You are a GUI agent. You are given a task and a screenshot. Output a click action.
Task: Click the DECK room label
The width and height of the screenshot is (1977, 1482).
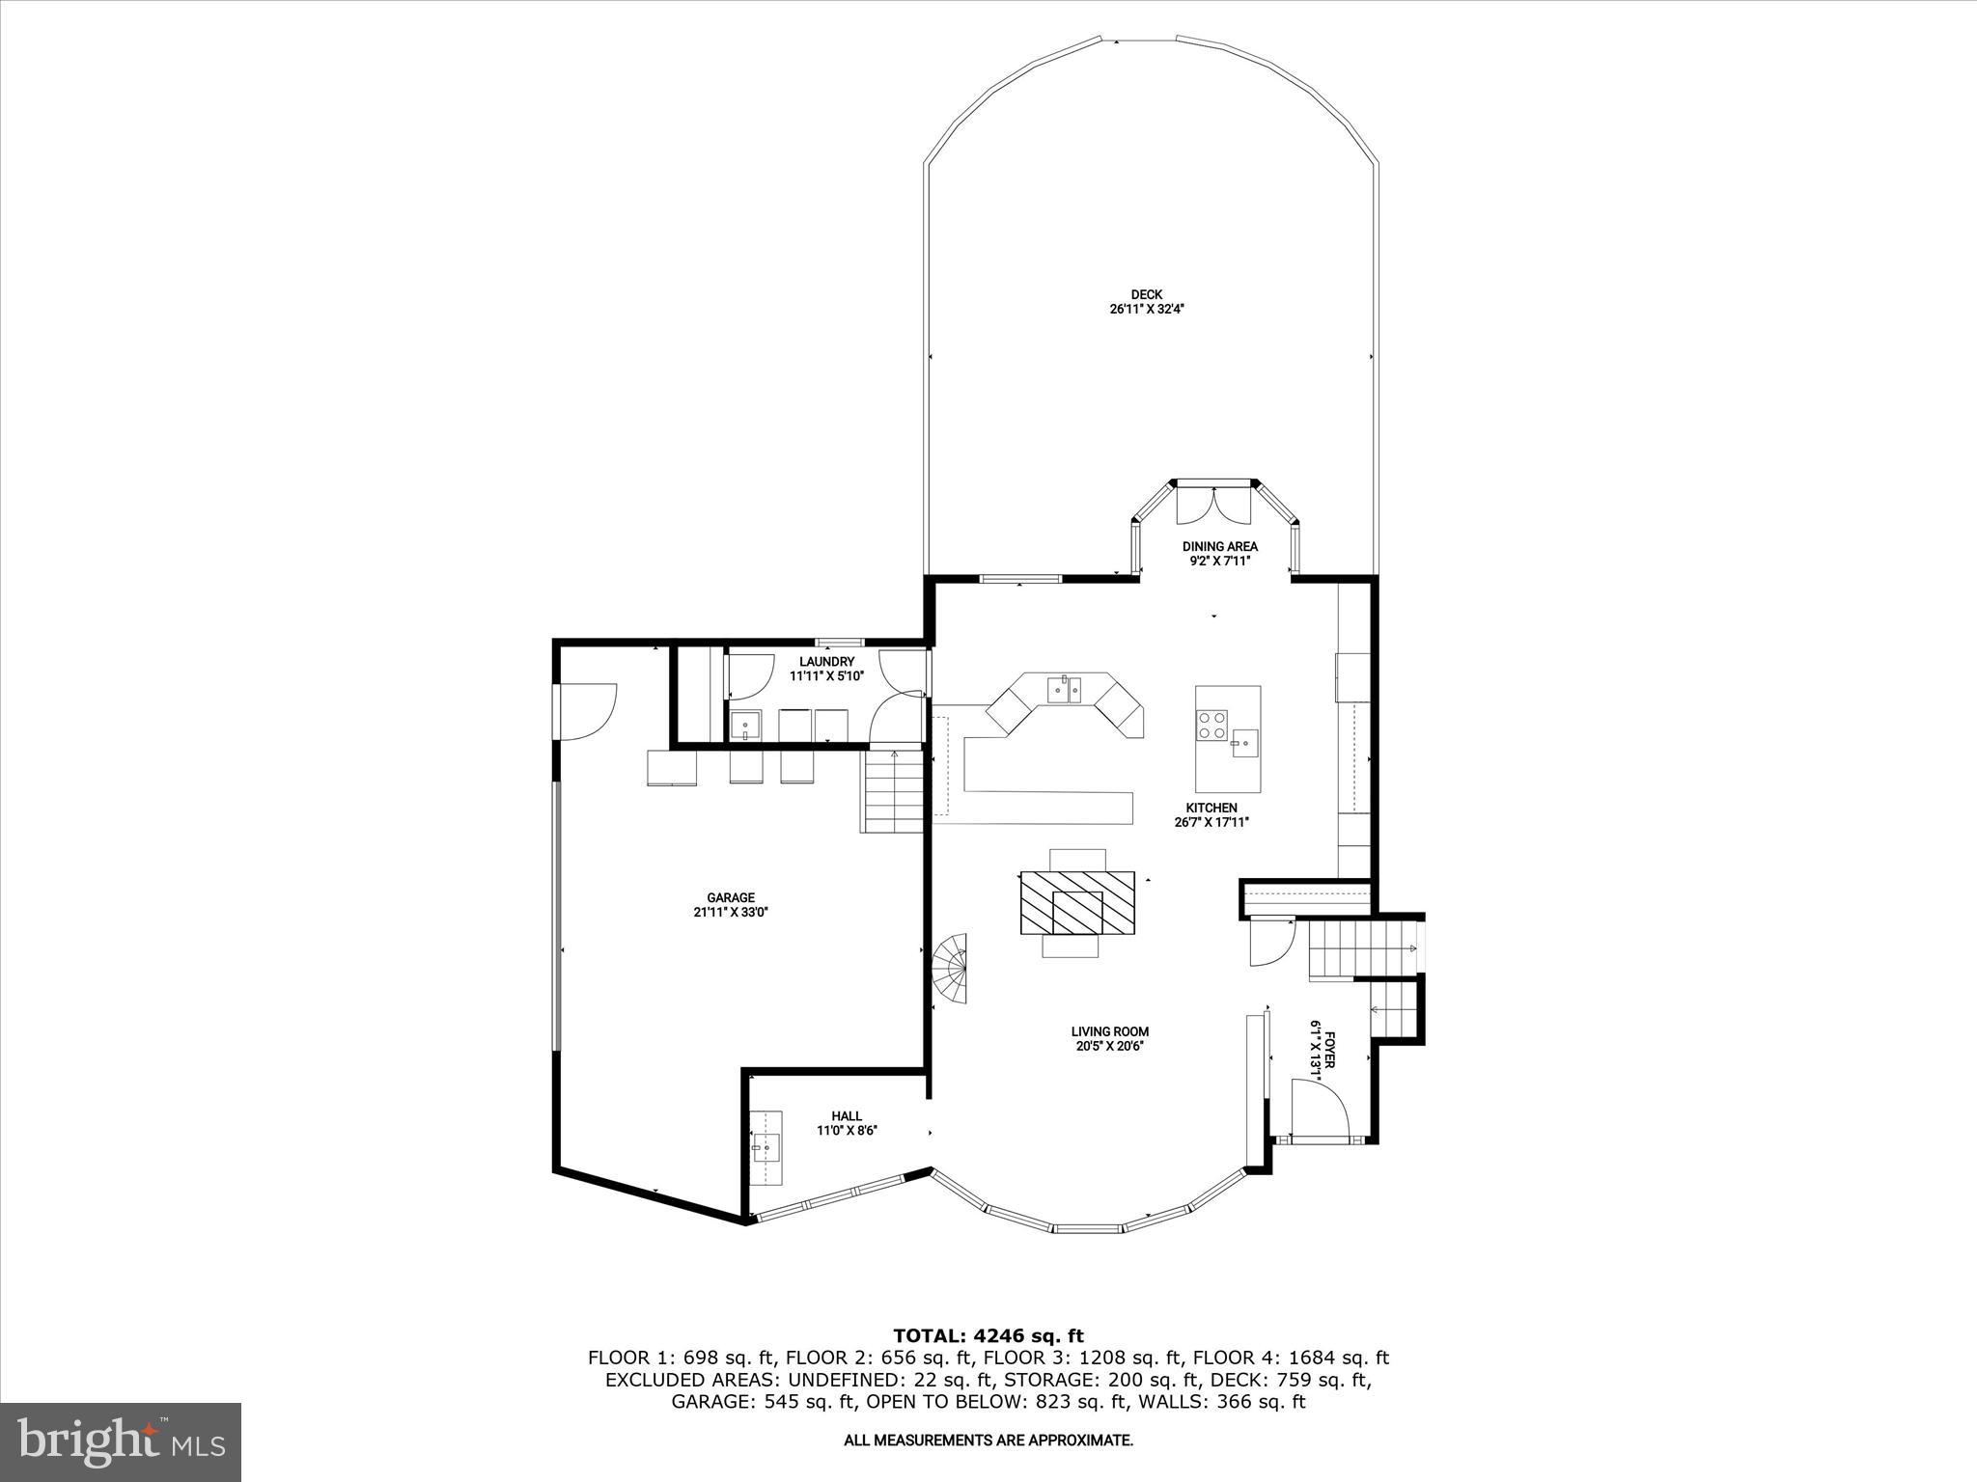[x=1147, y=294]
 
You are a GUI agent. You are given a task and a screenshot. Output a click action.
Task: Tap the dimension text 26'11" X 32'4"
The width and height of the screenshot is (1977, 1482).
[x=1147, y=310]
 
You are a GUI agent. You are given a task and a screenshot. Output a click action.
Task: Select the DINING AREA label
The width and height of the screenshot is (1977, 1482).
[x=1220, y=546]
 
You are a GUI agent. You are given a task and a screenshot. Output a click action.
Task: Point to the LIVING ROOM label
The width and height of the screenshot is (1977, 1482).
[x=1109, y=1031]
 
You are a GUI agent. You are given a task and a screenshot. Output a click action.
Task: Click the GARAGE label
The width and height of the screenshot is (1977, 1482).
[x=730, y=897]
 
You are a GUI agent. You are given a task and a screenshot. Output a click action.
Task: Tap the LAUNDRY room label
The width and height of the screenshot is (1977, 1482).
[x=826, y=661]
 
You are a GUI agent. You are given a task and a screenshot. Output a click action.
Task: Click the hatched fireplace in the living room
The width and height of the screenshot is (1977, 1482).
[x=1077, y=902]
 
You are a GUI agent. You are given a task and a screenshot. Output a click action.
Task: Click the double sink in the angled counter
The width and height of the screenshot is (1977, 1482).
[x=1065, y=690]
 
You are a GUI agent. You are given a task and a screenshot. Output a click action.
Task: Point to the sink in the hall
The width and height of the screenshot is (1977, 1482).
[x=766, y=1148]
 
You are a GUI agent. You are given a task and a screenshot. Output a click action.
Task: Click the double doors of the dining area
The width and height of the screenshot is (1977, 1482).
[x=1213, y=503]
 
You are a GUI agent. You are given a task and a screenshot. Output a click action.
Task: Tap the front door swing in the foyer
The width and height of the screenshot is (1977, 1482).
[x=1318, y=1107]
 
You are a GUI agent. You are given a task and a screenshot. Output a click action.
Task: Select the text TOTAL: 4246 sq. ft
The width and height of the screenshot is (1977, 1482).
[x=988, y=1336]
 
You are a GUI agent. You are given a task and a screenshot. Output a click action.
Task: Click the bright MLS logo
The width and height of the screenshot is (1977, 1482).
[x=121, y=1442]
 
